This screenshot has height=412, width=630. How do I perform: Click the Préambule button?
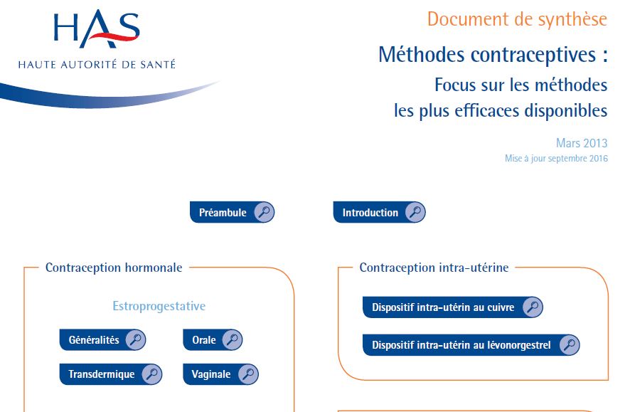tap(233, 212)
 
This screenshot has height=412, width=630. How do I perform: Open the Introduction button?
tap(379, 212)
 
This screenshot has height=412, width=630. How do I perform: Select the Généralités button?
tap(102, 339)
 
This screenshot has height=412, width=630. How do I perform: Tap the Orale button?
tap(213, 339)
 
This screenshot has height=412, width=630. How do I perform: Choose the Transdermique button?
tap(111, 374)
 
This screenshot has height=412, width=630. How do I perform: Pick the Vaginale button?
tap(220, 374)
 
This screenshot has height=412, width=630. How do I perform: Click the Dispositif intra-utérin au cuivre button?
tap(453, 307)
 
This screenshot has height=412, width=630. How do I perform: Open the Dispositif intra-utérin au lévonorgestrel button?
tap(471, 345)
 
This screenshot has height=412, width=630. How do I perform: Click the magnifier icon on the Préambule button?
tap(264, 212)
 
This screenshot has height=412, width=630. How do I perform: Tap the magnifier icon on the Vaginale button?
tap(248, 374)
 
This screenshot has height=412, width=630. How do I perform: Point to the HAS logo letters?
tap(97, 28)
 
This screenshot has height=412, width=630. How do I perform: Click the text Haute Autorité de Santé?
tap(97, 64)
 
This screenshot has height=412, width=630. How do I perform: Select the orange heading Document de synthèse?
tap(517, 19)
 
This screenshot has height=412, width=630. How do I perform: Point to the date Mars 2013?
tap(582, 143)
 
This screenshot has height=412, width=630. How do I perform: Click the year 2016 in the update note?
tap(599, 159)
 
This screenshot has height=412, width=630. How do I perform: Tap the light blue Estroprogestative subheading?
tap(159, 306)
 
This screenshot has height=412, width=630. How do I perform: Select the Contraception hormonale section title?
tap(114, 268)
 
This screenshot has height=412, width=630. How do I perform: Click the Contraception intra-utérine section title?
tap(434, 268)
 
